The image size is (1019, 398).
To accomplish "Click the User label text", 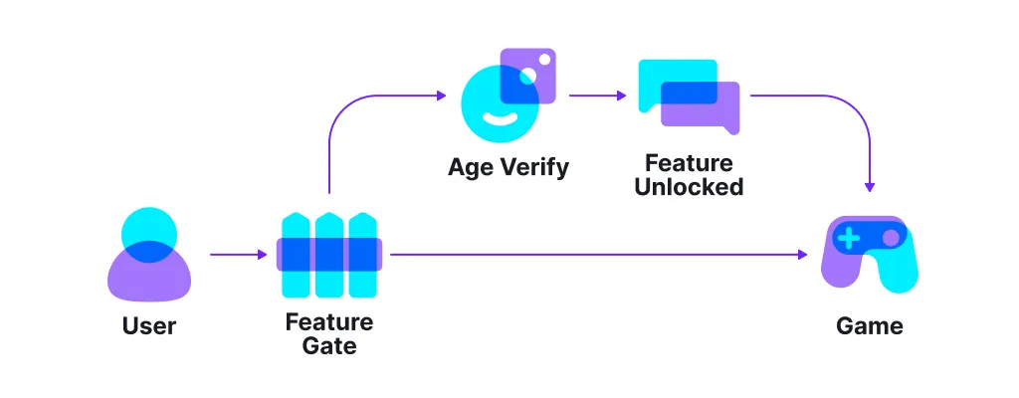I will [x=148, y=325].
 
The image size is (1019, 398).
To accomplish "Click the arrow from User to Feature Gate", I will [x=239, y=255].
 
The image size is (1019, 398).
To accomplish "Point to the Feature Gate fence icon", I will [x=328, y=255].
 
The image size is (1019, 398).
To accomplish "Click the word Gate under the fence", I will [x=328, y=346].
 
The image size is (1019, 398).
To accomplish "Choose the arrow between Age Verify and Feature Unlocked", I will [x=597, y=97].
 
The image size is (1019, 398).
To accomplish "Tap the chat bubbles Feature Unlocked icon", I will [x=689, y=96].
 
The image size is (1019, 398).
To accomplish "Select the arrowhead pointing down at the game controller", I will [x=871, y=187].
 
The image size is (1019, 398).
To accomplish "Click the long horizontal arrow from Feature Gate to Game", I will [x=597, y=255].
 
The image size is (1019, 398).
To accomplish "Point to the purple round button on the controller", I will [x=891, y=238].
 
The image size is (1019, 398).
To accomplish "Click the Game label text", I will [x=870, y=325].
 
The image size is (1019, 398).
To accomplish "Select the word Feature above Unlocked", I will [x=689, y=163].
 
